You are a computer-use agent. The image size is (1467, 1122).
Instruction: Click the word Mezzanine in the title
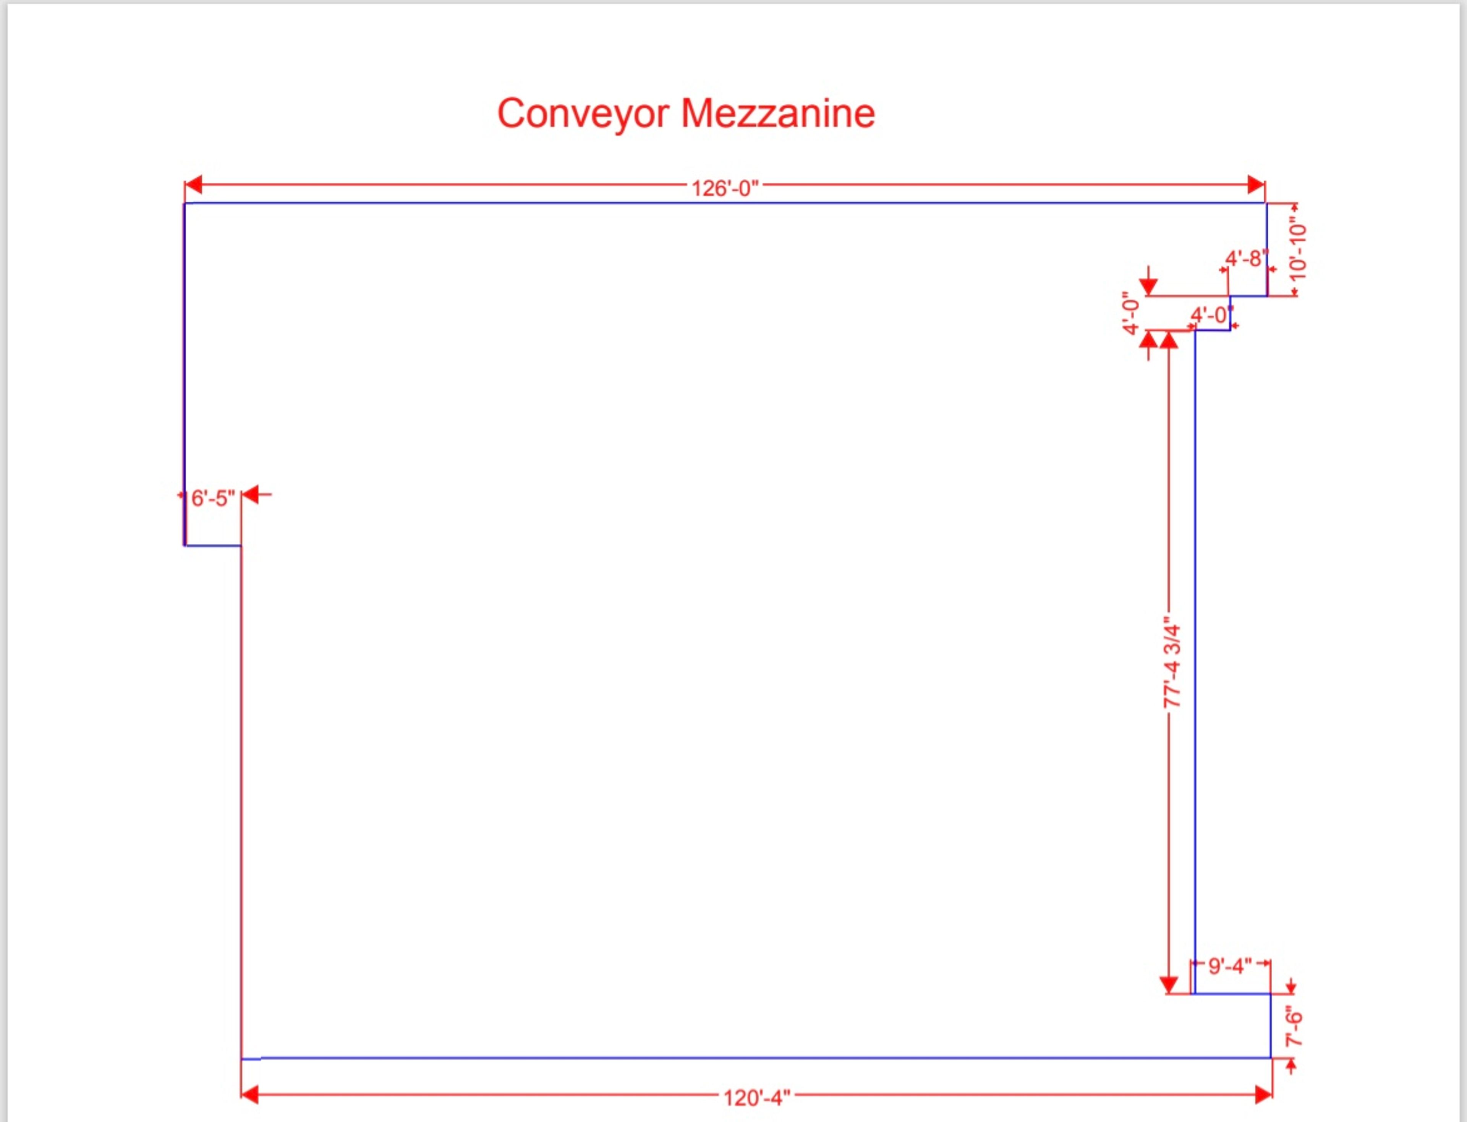tap(778, 113)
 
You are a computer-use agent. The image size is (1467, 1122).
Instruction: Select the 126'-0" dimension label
tap(725, 188)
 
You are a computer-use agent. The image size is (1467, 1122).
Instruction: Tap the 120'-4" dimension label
tap(756, 1097)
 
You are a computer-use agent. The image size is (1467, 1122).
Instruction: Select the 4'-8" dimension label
tap(1246, 259)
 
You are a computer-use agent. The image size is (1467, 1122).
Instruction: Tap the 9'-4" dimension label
tap(1230, 966)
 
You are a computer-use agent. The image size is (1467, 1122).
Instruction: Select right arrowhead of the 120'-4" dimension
tap(1263, 1094)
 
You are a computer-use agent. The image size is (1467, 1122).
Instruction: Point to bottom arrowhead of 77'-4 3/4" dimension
tap(1169, 984)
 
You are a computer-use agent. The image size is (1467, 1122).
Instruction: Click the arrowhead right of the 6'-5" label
tap(250, 495)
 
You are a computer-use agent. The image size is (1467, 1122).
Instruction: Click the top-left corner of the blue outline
tap(185, 203)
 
